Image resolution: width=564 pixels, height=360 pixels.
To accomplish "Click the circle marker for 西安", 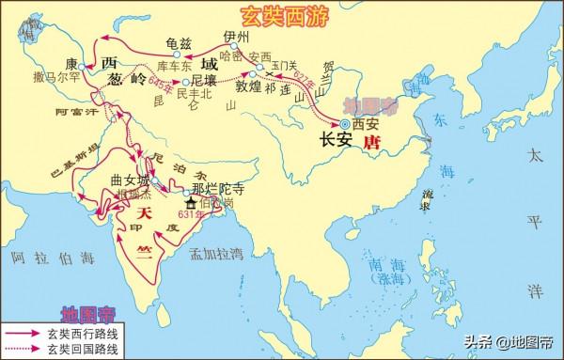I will pos(345,122).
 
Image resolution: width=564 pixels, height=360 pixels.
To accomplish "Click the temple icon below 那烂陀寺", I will pos(191,202).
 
